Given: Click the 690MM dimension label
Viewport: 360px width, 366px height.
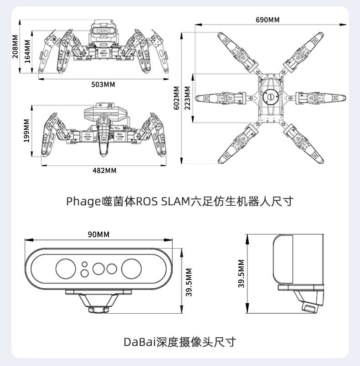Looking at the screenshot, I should click(268, 20).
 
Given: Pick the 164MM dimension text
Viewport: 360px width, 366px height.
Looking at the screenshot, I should click(27, 51).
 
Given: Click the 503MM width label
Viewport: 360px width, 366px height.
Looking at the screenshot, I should click(103, 85).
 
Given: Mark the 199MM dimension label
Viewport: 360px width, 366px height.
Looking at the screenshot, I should click(26, 131).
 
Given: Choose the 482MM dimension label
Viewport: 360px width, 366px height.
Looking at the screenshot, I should click(104, 170).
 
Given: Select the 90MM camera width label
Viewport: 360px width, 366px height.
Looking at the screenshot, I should click(99, 234).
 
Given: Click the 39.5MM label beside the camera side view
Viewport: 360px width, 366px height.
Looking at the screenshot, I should click(242, 274).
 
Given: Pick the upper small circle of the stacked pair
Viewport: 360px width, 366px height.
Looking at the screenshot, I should click(85, 264).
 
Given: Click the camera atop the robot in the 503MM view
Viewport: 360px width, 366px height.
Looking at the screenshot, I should click(102, 30).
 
